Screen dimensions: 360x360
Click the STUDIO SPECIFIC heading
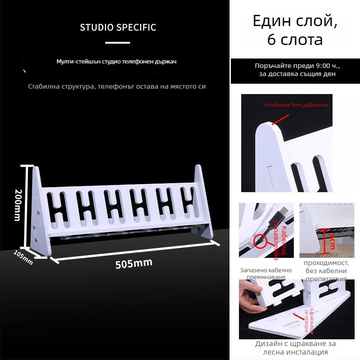(118, 27)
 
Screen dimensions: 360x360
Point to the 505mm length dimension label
(134, 263)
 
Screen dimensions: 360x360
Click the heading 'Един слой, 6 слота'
(295, 30)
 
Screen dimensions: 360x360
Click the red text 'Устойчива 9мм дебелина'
(295, 105)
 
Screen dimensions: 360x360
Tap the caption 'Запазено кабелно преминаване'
(265, 274)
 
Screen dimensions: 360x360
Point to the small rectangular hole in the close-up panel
(270, 173)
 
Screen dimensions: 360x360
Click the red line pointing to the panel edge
(281, 118)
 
